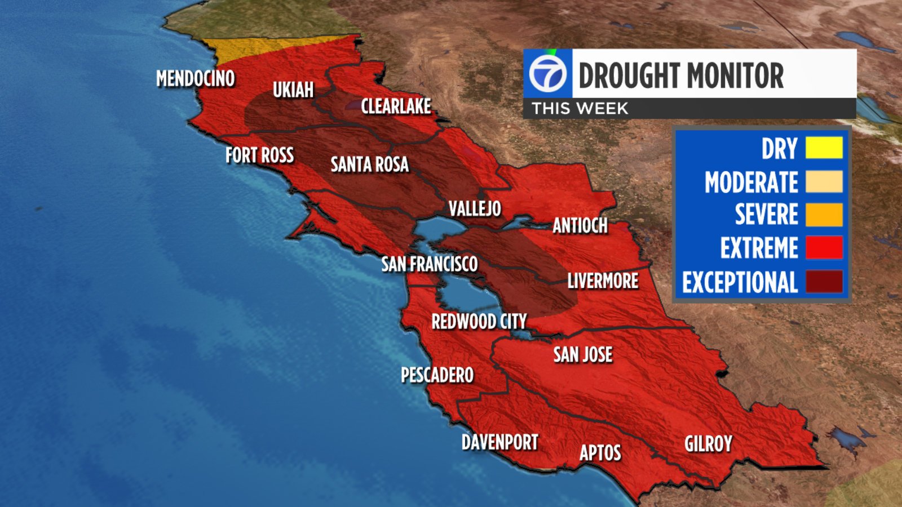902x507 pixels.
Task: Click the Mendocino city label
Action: tap(195, 79)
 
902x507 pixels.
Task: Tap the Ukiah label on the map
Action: tap(293, 90)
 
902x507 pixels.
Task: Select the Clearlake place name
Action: tap(396, 106)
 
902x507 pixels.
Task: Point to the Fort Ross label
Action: tap(259, 155)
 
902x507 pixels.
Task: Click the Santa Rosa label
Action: tap(369, 164)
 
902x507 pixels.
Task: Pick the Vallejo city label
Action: tap(475, 209)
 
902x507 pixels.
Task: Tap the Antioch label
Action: tap(580, 226)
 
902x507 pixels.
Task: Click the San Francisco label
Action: tap(429, 264)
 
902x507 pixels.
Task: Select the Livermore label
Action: tap(603, 281)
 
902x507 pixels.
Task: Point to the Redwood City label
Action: tap(479, 322)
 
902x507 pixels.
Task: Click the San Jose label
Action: tap(582, 355)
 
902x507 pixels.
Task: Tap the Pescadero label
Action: tap(437, 375)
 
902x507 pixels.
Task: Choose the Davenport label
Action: tap(499, 443)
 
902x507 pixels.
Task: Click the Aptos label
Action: tap(600, 453)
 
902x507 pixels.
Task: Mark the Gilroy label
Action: tap(708, 444)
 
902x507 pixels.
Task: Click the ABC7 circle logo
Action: tap(547, 74)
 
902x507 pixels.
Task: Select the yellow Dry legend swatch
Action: tap(824, 148)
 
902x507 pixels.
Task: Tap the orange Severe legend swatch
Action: tap(824, 215)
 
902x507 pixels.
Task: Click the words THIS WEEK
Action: tap(580, 109)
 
